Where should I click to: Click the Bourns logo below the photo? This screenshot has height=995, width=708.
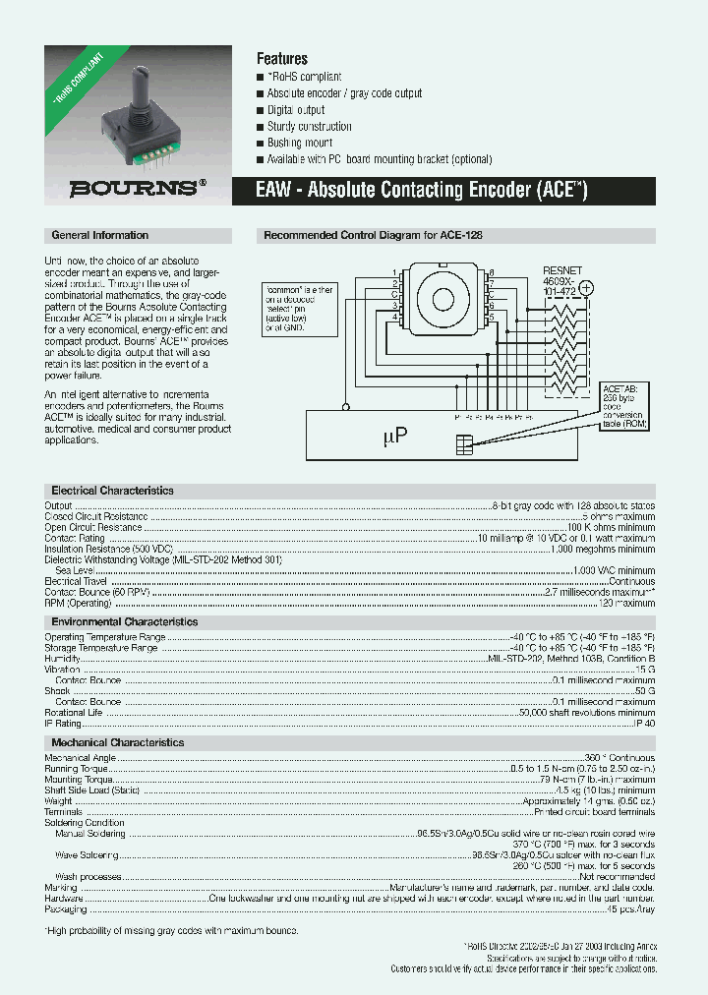pos(138,188)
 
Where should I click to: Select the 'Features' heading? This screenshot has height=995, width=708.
pos(282,59)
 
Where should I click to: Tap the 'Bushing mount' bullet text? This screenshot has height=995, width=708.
pos(300,143)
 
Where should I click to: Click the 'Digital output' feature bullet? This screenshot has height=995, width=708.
pos(296,110)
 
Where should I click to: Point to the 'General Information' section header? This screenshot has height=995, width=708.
pos(99,236)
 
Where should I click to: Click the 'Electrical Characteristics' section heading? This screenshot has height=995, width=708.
pos(112,491)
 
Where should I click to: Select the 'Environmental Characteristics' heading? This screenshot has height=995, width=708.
pos(124,622)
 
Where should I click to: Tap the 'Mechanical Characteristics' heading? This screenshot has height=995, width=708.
pos(117,743)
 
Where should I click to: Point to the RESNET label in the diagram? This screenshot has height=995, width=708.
pos(562,269)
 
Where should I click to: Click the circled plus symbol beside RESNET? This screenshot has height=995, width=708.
pos(587,288)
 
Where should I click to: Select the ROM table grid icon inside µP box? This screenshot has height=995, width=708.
pos(464,444)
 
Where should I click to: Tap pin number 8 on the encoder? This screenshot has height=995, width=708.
pos(491,272)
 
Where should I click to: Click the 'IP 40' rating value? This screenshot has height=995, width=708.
pos(644,724)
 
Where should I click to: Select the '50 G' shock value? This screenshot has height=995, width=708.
pos(645,691)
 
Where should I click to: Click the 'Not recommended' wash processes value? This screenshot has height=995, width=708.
pos(617,876)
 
